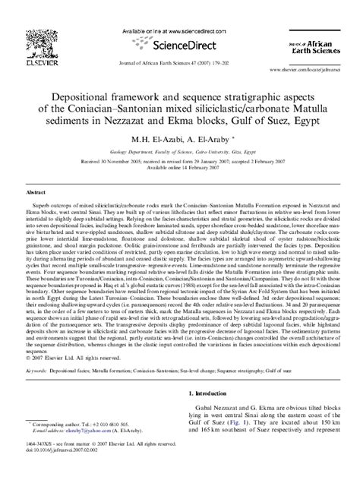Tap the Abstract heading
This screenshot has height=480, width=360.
pos(38,194)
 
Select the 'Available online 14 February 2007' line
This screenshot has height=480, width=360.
pos(179,169)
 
